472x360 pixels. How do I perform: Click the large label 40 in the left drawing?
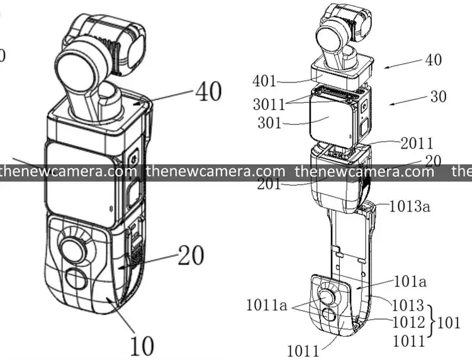coord(208,91)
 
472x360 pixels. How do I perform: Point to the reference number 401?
coord(266,81)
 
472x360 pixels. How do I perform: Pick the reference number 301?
coord(269,123)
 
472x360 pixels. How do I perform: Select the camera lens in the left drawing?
coord(79,64)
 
